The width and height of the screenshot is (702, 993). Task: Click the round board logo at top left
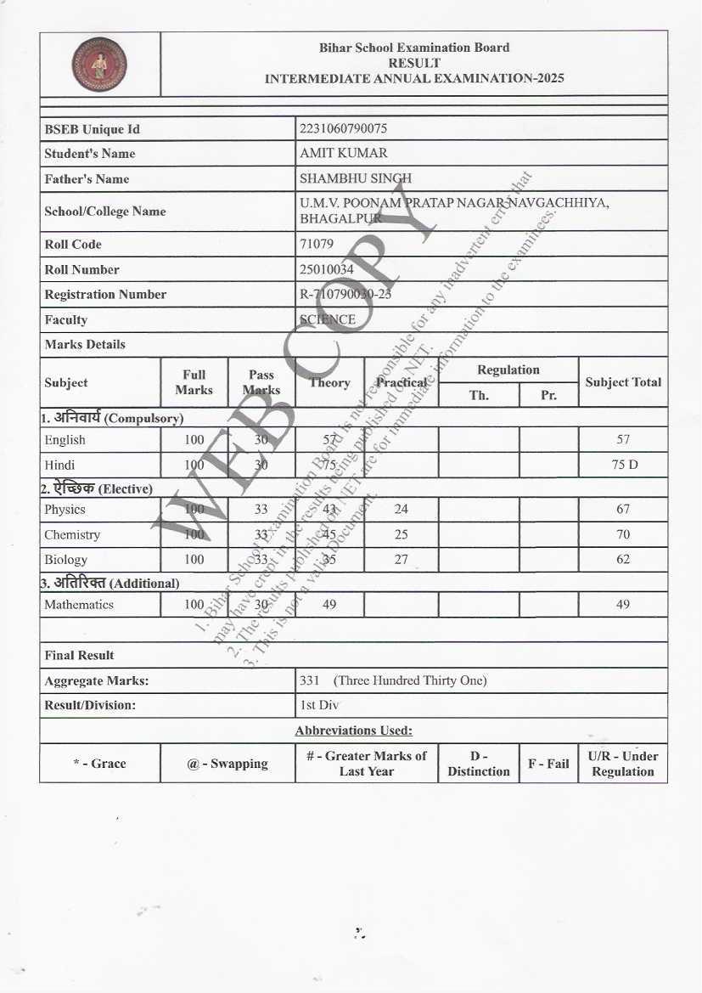click(99, 65)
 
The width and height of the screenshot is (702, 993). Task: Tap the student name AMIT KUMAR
click(343, 154)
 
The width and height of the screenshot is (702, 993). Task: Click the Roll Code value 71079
click(317, 245)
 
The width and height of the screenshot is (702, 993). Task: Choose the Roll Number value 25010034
click(327, 270)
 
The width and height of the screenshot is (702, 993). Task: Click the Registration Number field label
click(105, 295)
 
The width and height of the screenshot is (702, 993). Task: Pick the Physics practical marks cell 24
click(401, 510)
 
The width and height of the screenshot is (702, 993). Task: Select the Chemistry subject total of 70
click(623, 535)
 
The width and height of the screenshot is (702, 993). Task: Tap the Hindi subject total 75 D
click(623, 465)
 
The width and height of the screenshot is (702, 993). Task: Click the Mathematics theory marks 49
click(329, 605)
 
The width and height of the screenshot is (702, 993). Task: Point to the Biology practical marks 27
click(401, 560)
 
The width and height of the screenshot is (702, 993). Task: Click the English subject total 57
click(623, 440)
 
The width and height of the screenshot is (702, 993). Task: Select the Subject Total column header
click(623, 382)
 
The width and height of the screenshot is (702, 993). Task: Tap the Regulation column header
click(508, 370)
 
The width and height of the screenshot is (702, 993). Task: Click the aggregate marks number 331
click(309, 680)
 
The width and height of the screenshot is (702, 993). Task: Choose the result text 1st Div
click(319, 705)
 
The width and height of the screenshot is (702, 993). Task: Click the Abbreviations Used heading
click(353, 731)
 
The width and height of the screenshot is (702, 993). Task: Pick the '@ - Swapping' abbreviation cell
click(227, 764)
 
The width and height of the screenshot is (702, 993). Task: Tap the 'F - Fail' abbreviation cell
click(548, 764)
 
